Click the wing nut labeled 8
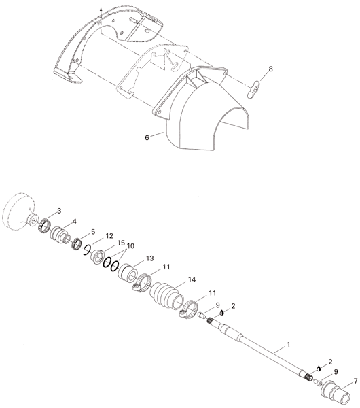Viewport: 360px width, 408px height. click(x=253, y=90)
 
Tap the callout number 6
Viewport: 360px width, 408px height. click(x=147, y=137)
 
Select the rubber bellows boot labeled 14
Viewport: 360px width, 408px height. click(x=166, y=294)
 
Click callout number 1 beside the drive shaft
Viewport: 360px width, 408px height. click(x=288, y=345)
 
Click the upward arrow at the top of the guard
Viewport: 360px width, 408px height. click(x=101, y=12)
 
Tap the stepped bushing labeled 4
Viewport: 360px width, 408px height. click(x=60, y=235)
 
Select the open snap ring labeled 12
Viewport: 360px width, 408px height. click(x=86, y=250)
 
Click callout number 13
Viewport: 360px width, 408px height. click(x=150, y=258)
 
